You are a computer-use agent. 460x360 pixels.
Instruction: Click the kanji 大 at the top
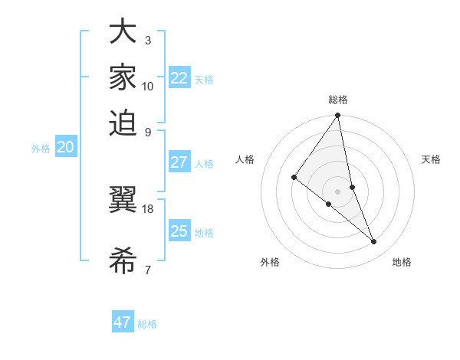pos(123,33)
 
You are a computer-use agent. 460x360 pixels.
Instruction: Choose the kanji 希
pos(123,260)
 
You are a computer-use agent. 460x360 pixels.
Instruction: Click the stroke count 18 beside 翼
pos(148,208)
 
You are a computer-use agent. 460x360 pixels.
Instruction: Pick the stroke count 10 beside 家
pos(148,86)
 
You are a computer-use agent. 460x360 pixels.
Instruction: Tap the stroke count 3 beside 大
pos(148,40)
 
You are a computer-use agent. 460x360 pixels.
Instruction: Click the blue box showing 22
pos(179,77)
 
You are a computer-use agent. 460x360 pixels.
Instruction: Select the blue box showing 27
pos(179,162)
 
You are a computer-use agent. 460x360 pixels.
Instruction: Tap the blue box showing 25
pos(179,231)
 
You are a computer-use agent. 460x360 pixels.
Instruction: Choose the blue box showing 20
pos(65,148)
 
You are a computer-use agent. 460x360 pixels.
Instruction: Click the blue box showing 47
pos(123,322)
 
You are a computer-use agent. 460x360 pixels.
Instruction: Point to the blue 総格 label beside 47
pos(147,324)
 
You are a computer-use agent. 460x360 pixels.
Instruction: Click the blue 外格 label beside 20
pos(41,149)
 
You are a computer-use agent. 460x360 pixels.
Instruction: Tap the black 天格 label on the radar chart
pos(432,159)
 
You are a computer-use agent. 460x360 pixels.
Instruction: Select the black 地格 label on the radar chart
pos(402,262)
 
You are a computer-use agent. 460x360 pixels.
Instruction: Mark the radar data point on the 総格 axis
pos(337,116)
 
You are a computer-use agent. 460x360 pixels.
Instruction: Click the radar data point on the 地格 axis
pos(374,242)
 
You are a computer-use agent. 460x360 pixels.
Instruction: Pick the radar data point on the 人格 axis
pos(294,177)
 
